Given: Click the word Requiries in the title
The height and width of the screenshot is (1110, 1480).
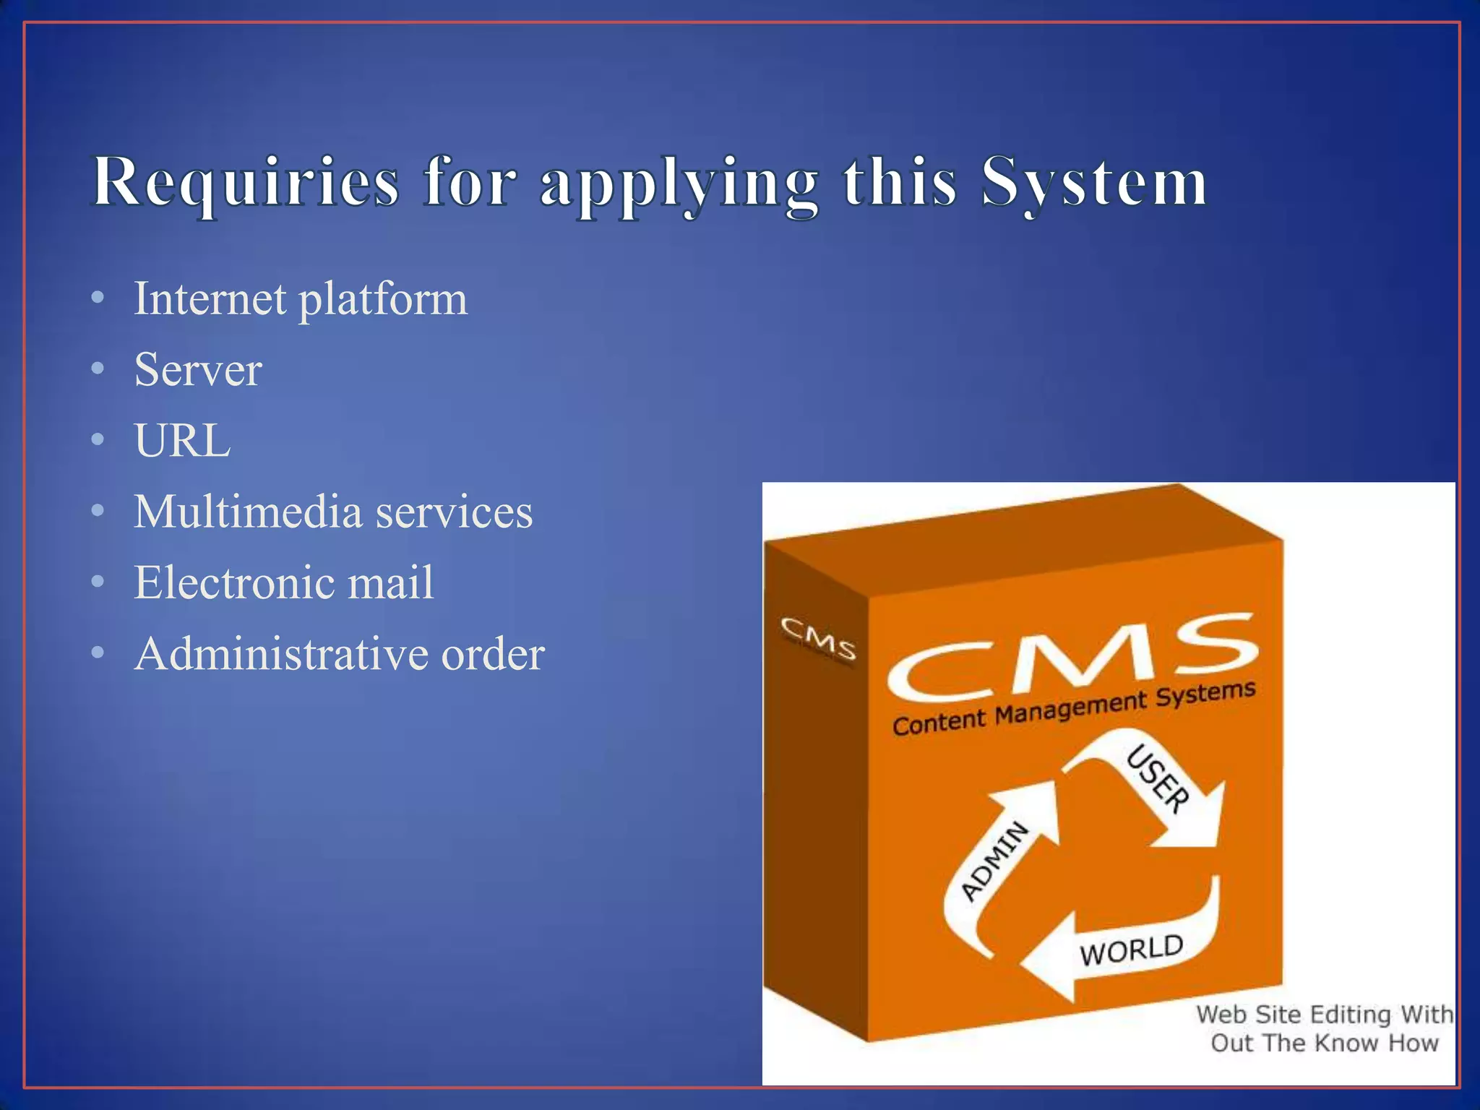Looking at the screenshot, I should coord(246,182).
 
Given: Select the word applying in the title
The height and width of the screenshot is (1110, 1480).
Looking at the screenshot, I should coord(679,184).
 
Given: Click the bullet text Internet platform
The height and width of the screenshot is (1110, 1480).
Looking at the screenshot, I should coord(301,298).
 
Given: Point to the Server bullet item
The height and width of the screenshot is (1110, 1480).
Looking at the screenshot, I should coord(198,370).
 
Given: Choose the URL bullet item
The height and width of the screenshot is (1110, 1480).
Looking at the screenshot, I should coord(183,440).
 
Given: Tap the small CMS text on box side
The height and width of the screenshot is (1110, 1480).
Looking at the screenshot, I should coord(818,638).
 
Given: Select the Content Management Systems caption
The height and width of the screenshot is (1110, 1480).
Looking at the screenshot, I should coord(1074,708).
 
